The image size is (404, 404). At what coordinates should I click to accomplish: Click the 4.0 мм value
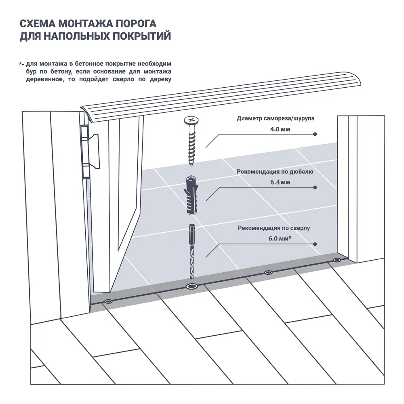280,129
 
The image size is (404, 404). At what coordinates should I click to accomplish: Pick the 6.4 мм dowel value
280,182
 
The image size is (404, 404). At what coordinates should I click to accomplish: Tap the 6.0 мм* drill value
280,239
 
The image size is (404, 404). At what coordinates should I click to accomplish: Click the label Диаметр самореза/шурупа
275,119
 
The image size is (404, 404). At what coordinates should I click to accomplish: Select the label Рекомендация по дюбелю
275,171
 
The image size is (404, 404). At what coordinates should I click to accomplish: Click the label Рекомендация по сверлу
274,228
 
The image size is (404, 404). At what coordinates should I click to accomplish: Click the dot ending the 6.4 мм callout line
315,187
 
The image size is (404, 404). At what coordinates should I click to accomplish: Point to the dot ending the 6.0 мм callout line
315,244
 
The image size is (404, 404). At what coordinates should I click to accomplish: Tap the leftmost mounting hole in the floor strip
108,301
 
